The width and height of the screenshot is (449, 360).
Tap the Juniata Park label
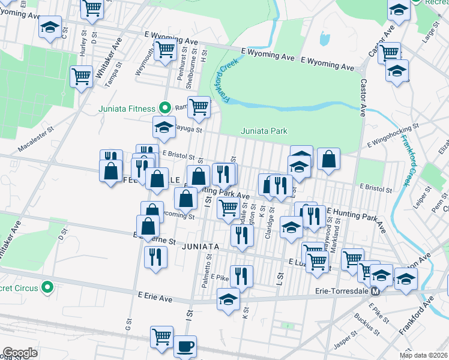click(x=264, y=131)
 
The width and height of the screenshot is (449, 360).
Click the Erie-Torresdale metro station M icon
click(x=375, y=292)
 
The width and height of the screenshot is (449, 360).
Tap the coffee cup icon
click(x=185, y=346)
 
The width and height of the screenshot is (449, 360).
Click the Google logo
click(x=20, y=353)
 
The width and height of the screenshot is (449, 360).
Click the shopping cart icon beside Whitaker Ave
click(x=81, y=77)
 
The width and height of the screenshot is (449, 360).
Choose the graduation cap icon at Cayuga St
click(x=163, y=127)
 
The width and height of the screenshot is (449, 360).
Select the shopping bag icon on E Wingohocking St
click(x=328, y=159)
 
